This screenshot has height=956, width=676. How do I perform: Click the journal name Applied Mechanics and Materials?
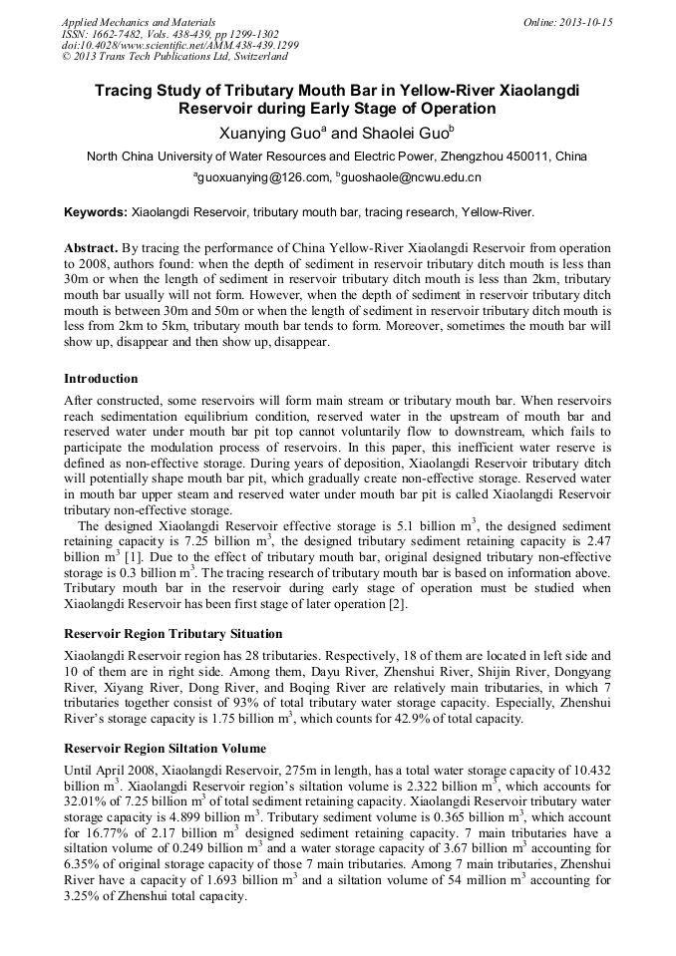[x=124, y=21]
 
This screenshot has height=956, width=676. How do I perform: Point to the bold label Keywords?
[x=96, y=212]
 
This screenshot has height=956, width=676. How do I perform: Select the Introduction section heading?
[x=101, y=379]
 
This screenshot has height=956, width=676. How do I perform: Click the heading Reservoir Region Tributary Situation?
[x=172, y=634]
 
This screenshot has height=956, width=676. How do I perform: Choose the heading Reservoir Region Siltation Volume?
[x=165, y=748]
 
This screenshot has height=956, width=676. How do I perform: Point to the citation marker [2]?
[x=393, y=603]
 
